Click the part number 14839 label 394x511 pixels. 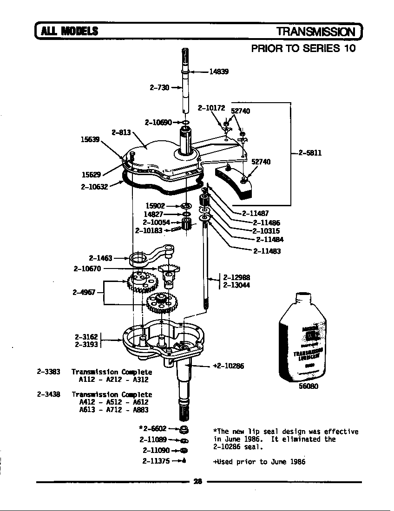click(x=218, y=72)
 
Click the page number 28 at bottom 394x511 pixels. click(x=197, y=482)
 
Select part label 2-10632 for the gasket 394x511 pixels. click(x=94, y=188)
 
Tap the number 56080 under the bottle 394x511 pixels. click(x=307, y=386)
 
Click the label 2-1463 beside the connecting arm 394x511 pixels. click(x=100, y=257)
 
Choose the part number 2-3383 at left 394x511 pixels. click(x=48, y=372)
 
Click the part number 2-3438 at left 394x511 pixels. click(x=48, y=394)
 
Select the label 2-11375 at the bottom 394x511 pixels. click(x=156, y=461)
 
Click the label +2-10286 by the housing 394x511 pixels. click(x=228, y=366)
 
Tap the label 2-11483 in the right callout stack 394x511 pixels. click(x=267, y=251)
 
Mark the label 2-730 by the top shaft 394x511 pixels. click(x=159, y=87)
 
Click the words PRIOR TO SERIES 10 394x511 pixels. click(x=303, y=48)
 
